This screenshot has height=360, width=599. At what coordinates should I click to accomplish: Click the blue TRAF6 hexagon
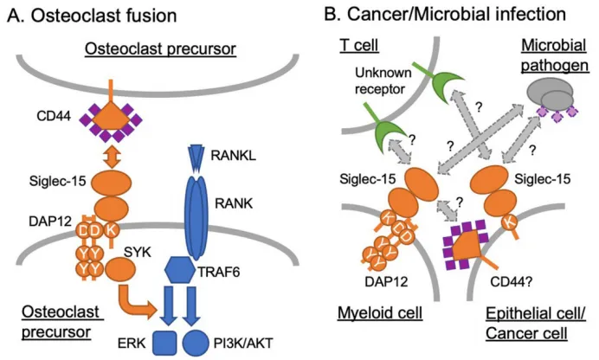(179, 270)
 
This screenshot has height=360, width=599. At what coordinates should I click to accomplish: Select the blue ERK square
(164, 343)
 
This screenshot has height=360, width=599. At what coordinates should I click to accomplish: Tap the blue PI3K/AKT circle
(196, 343)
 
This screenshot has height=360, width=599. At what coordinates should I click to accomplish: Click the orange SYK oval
(120, 269)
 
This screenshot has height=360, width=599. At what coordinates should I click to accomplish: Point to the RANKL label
(234, 156)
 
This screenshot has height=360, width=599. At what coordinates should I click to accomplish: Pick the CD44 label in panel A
(54, 116)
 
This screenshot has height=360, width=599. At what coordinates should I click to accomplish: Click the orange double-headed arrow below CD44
(112, 157)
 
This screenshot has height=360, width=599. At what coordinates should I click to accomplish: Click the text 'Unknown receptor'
(383, 80)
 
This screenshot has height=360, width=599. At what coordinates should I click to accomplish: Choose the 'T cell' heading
(358, 45)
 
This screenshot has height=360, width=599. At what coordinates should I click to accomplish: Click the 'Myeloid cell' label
(380, 313)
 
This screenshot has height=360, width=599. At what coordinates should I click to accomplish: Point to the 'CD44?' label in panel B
(511, 282)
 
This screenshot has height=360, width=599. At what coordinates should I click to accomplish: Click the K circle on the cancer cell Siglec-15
(509, 222)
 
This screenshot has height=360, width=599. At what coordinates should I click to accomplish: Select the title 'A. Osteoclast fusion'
(92, 16)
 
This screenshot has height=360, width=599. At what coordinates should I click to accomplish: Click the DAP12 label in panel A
(50, 221)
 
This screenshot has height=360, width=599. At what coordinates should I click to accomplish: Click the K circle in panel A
(112, 230)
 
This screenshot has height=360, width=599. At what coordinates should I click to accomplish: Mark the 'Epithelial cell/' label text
(536, 313)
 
